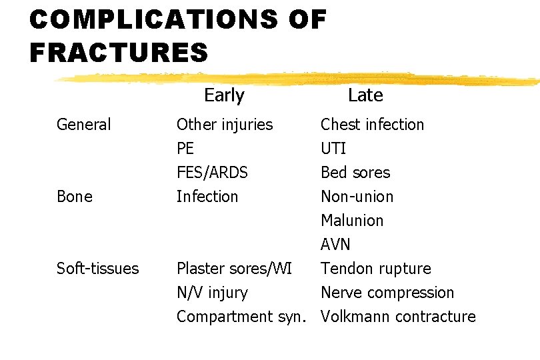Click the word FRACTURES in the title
pos(119,52)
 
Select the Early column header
pos(224,95)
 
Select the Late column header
pos(365,95)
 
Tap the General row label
pos(84,125)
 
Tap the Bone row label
pos(75,197)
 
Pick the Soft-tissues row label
pos(98,269)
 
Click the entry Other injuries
pos(225,125)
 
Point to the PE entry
pos(186,149)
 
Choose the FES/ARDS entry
pos(212,173)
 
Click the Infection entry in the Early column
pos(207,197)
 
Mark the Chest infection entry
pos(372,125)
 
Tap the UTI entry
pos(333,149)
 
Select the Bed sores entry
pos(355,173)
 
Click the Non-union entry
pos(357,197)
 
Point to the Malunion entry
pos(352,221)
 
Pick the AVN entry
pos(335,245)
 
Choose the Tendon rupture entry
pos(376,269)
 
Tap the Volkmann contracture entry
pos(398,317)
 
